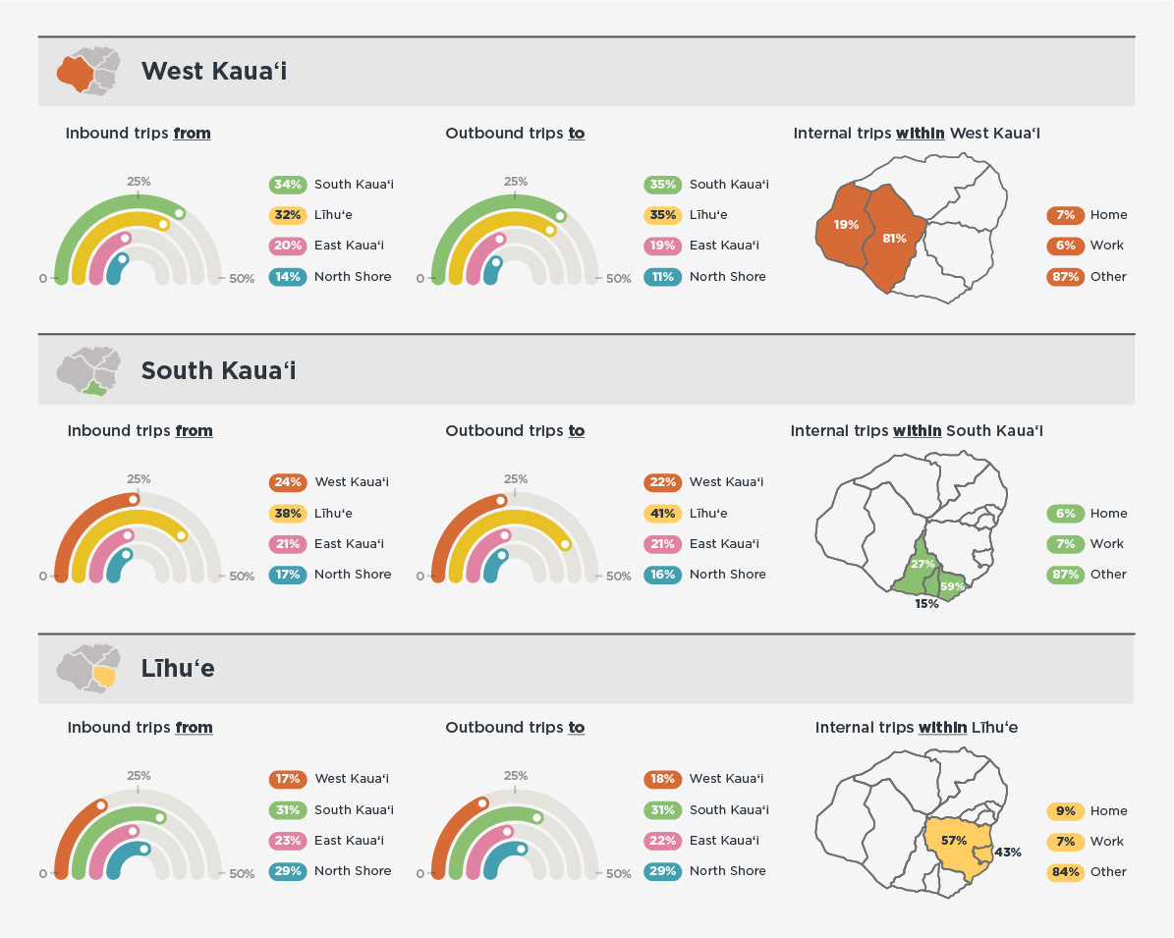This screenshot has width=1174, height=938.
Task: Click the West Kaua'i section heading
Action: tap(214, 71)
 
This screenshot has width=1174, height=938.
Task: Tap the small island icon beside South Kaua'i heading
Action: tap(88, 370)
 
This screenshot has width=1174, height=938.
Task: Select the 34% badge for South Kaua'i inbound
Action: tap(287, 185)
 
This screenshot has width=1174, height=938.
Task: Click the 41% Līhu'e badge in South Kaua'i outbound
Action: tap(662, 513)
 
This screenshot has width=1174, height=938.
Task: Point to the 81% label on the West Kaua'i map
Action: tap(894, 238)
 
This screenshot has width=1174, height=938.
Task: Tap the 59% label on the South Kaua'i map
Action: tap(952, 587)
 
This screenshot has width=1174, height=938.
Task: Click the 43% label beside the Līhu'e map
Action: tap(1008, 853)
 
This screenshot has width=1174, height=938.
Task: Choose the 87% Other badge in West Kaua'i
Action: tap(1065, 277)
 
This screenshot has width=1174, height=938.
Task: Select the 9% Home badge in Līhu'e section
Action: tap(1065, 811)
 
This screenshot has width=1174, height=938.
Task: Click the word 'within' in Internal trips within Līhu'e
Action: tap(943, 728)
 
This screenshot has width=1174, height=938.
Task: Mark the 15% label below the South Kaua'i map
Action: tap(926, 604)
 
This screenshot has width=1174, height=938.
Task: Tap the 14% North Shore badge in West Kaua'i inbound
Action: tap(287, 277)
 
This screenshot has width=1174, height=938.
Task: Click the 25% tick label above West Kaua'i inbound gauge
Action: tap(139, 182)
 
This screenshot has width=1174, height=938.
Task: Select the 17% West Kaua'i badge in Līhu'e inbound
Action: tap(287, 779)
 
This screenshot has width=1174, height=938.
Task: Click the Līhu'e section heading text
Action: tap(178, 669)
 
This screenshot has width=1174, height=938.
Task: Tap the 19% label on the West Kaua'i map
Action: tap(846, 225)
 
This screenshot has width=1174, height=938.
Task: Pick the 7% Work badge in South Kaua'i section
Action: tap(1065, 544)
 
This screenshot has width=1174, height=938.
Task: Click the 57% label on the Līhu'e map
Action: tap(953, 841)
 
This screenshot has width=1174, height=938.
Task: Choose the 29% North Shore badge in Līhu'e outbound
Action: tap(662, 871)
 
